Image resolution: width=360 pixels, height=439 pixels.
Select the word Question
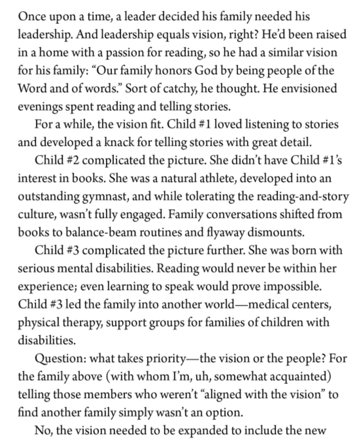pyautogui.click(x=60, y=358)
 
